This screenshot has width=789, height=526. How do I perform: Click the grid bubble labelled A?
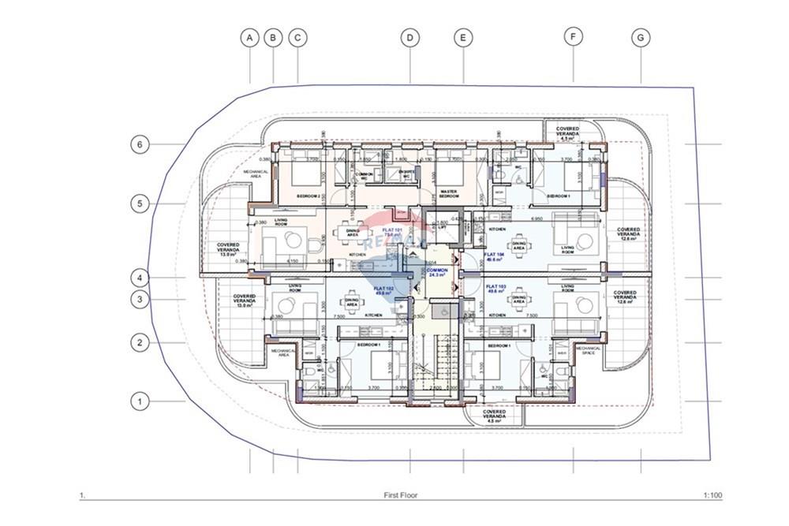[x=250, y=37]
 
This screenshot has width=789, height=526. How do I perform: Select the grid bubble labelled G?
[x=641, y=37]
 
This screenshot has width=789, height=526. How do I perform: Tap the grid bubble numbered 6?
[x=139, y=144]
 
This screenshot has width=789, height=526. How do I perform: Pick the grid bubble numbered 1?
[x=139, y=401]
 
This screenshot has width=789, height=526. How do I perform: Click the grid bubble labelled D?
[x=409, y=37]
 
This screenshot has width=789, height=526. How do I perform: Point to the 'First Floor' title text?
[x=400, y=496]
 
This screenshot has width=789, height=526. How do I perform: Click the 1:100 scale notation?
[x=712, y=496]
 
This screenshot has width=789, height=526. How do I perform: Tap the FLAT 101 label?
[x=392, y=231]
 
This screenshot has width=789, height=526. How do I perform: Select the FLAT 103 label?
[x=496, y=289]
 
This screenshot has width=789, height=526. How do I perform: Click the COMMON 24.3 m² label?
[x=437, y=272]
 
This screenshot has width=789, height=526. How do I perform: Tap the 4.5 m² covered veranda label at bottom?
[x=494, y=416]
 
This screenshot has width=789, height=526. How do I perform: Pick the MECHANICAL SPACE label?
[x=588, y=350]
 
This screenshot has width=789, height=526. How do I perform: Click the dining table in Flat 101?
[x=345, y=232]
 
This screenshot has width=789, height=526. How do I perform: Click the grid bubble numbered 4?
[x=139, y=278]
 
